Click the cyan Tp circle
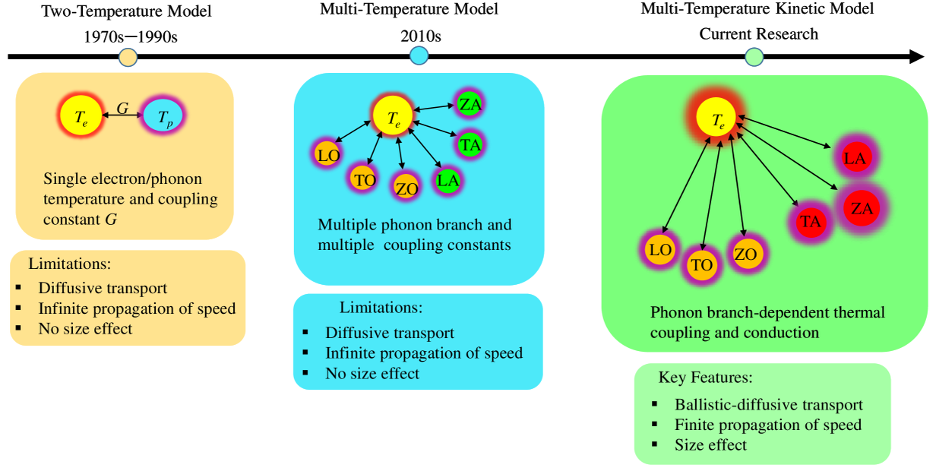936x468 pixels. pyautogui.click(x=163, y=117)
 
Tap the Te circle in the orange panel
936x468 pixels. pyautogui.click(x=81, y=117)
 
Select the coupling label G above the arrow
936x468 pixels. pyautogui.click(x=122, y=109)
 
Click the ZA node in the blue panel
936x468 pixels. pyautogui.click(x=470, y=104)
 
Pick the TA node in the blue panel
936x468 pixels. pyautogui.click(x=470, y=144)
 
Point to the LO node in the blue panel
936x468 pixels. pyautogui.click(x=327, y=154)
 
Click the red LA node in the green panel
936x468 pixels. pyautogui.click(x=855, y=158)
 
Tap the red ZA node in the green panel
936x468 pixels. pyautogui.click(x=862, y=208)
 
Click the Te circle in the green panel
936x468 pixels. pyautogui.click(x=718, y=119)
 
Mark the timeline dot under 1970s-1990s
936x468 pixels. pyautogui.click(x=128, y=57)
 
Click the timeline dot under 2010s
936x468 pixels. pyautogui.click(x=419, y=55)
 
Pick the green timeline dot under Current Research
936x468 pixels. pyautogui.click(x=754, y=56)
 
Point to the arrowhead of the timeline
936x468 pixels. pyautogui.click(x=916, y=57)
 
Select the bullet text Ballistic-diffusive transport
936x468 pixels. pyautogui.click(x=768, y=405)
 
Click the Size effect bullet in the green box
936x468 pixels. pyautogui.click(x=710, y=444)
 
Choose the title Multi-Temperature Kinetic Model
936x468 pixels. pyautogui.click(x=757, y=9)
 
